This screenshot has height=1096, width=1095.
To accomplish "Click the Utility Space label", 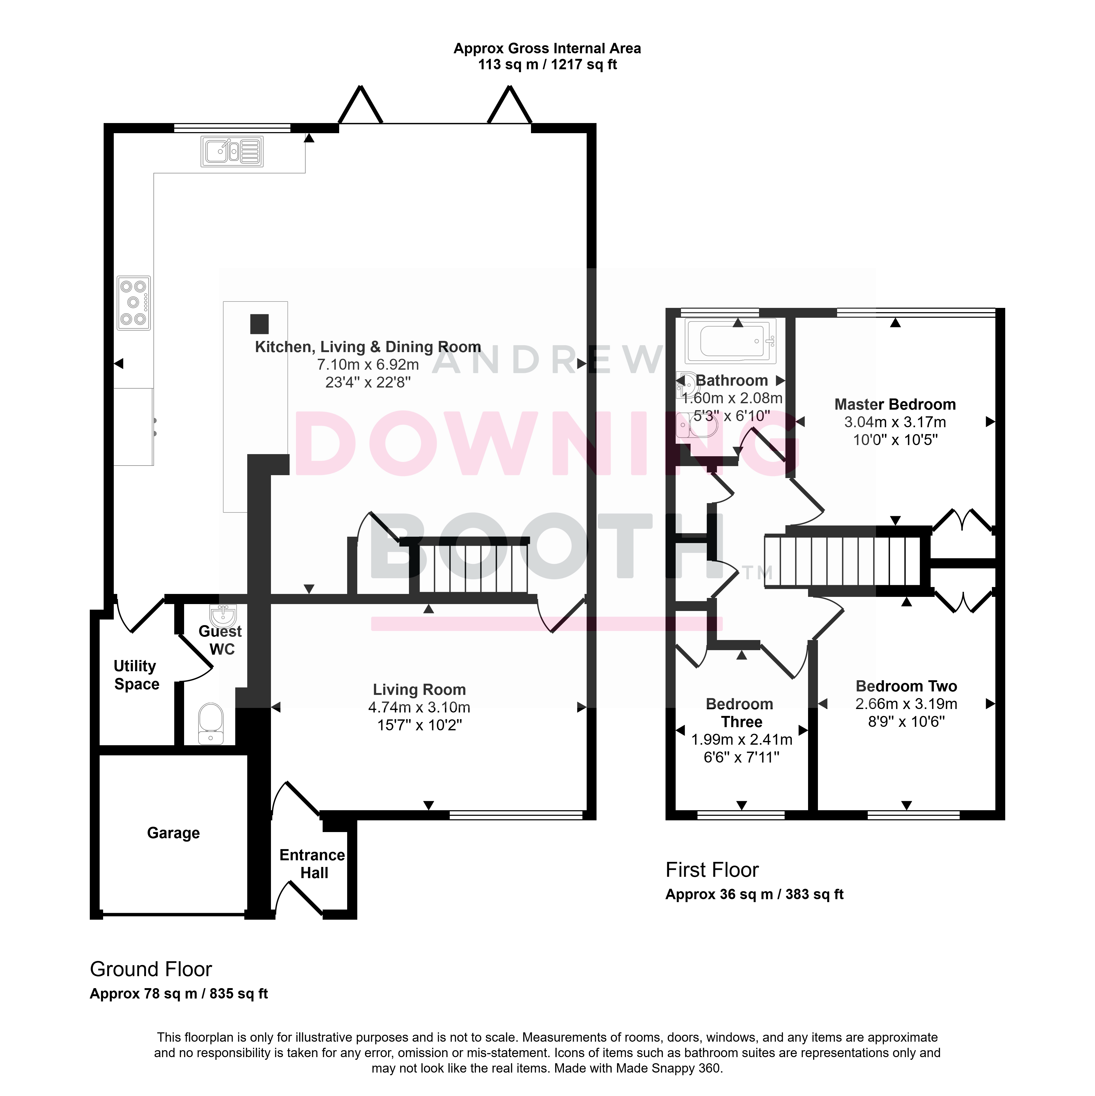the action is [x=136, y=675].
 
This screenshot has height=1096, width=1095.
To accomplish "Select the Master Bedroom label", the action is [x=895, y=405].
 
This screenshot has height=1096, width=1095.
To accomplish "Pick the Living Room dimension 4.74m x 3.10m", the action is [x=419, y=707].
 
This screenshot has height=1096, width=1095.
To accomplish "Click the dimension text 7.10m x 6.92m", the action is [x=368, y=365].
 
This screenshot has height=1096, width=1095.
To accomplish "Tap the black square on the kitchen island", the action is [x=259, y=324].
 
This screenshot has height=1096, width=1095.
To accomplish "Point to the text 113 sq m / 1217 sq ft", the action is [x=547, y=65].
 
